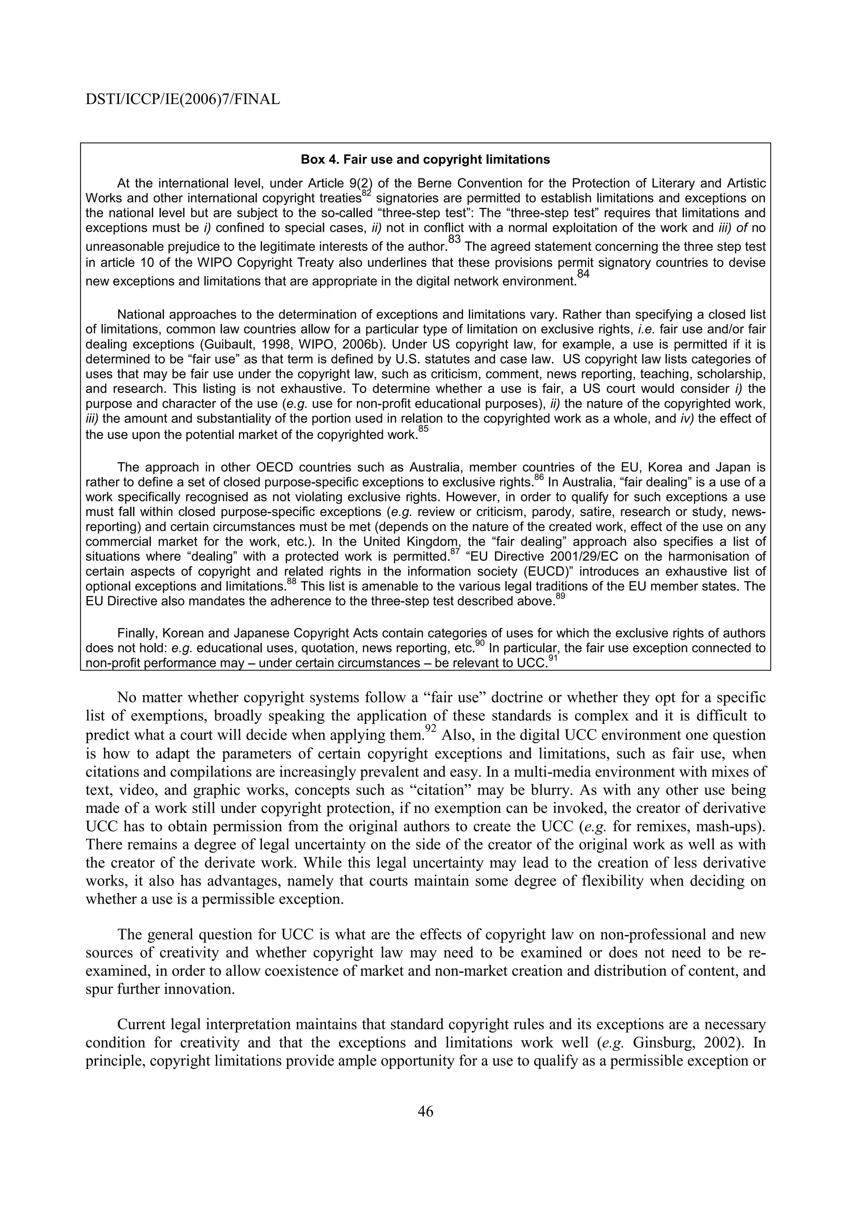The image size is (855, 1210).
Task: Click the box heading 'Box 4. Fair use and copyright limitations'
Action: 425,159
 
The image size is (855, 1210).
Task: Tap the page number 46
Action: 425,1111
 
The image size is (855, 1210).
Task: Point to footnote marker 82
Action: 367,194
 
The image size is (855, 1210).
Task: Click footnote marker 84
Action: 583,273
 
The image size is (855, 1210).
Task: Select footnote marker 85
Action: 423,430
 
